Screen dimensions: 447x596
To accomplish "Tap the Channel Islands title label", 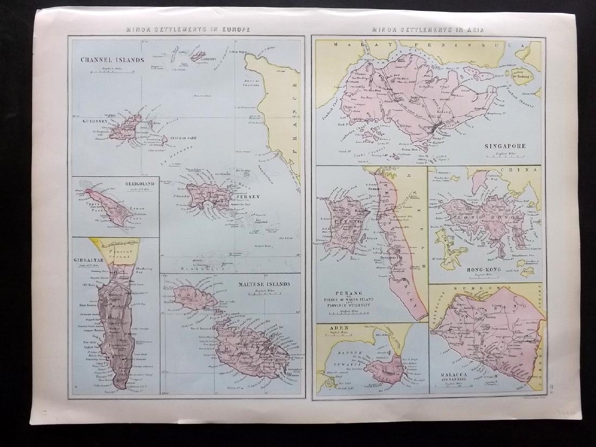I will pyautogui.click(x=112, y=60).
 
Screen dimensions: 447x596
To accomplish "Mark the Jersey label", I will pyautogui.click(x=249, y=197).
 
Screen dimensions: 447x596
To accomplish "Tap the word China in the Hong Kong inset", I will pyautogui.click(x=524, y=170).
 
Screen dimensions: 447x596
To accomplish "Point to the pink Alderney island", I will pyautogui.click(x=197, y=55).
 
